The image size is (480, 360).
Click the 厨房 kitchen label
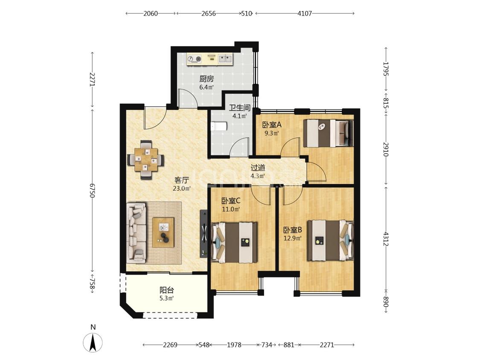pyautogui.click(x=207, y=78)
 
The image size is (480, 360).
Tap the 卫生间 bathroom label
pyautogui.click(x=240, y=108)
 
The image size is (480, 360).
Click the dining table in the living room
pyautogui.click(x=146, y=160)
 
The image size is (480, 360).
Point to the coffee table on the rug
pyautogui.click(x=163, y=232)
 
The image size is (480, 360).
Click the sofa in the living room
pyautogui.click(x=137, y=232)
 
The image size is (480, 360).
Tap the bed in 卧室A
pyautogui.click(x=328, y=133)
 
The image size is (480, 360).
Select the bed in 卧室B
pyautogui.click(x=331, y=240)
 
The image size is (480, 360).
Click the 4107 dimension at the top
pyautogui.click(x=305, y=14)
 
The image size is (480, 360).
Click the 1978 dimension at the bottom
pyautogui.click(x=234, y=345)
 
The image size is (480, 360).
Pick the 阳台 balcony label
pyautogui.click(x=167, y=290)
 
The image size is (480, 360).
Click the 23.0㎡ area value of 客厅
pyautogui.click(x=182, y=188)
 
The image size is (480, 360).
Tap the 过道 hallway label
pyautogui.click(x=258, y=168)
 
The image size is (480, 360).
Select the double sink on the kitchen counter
pyautogui.click(x=226, y=59)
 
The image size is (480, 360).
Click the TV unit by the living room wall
pyautogui.click(x=204, y=234)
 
